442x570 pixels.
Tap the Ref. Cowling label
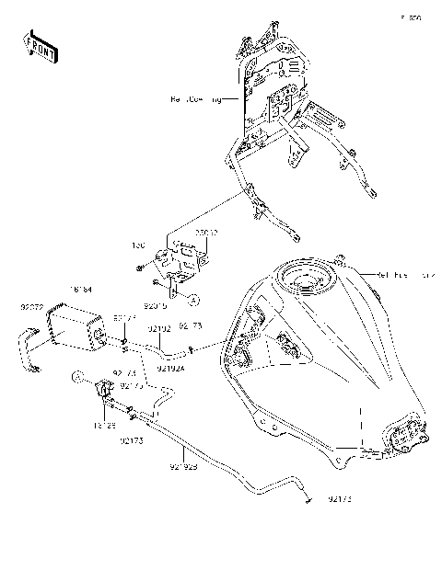point(194,97)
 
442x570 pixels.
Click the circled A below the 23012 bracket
point(194,299)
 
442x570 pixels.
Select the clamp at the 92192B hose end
point(304,500)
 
